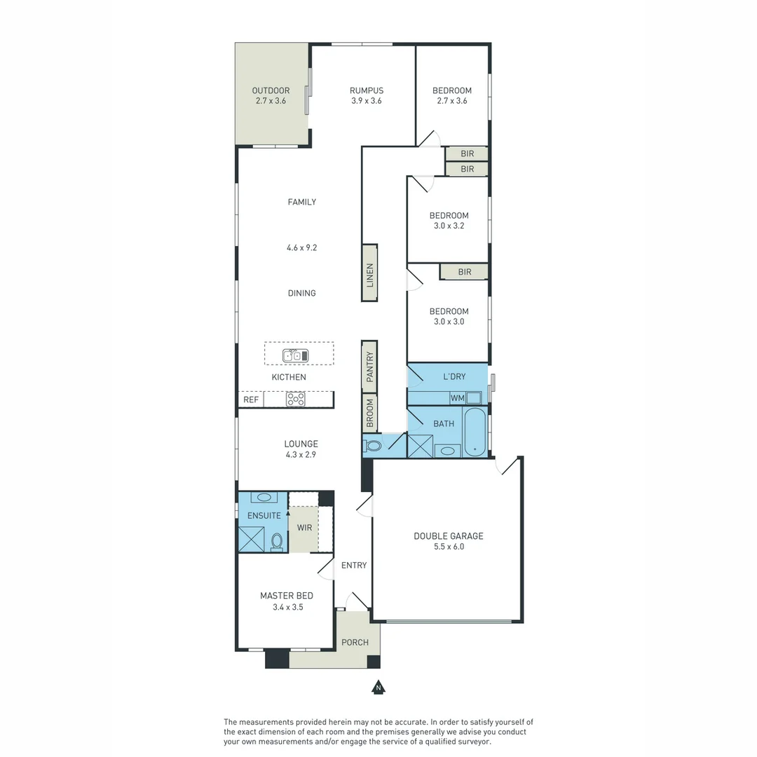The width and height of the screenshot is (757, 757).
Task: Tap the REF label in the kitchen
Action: tap(251, 400)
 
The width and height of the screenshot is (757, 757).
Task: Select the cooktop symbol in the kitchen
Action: tap(296, 400)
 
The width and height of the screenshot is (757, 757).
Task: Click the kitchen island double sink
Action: tap(295, 355)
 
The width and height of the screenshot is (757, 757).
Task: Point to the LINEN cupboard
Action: tap(369, 273)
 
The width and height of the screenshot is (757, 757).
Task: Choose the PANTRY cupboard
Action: tap(369, 367)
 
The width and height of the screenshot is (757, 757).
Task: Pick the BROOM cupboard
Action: tap(369, 414)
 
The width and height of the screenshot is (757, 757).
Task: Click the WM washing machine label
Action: tap(458, 398)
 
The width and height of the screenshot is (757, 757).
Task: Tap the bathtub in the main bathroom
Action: tap(475, 434)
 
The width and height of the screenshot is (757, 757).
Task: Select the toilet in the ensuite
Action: tap(277, 541)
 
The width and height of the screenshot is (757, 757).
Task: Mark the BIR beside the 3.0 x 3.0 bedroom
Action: tap(464, 272)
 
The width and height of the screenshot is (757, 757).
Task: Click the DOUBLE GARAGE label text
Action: tap(448, 536)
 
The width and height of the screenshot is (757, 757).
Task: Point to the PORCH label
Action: tap(355, 642)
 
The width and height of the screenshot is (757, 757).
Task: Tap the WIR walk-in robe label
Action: tap(304, 527)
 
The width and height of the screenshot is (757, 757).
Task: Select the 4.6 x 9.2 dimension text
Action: tap(301, 247)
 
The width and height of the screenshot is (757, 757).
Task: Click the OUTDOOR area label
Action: tap(271, 90)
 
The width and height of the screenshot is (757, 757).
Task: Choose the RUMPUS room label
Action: tap(366, 90)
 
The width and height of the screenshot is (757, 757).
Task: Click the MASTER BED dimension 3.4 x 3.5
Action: tap(287, 607)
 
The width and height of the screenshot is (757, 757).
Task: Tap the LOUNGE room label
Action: tap(301, 444)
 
